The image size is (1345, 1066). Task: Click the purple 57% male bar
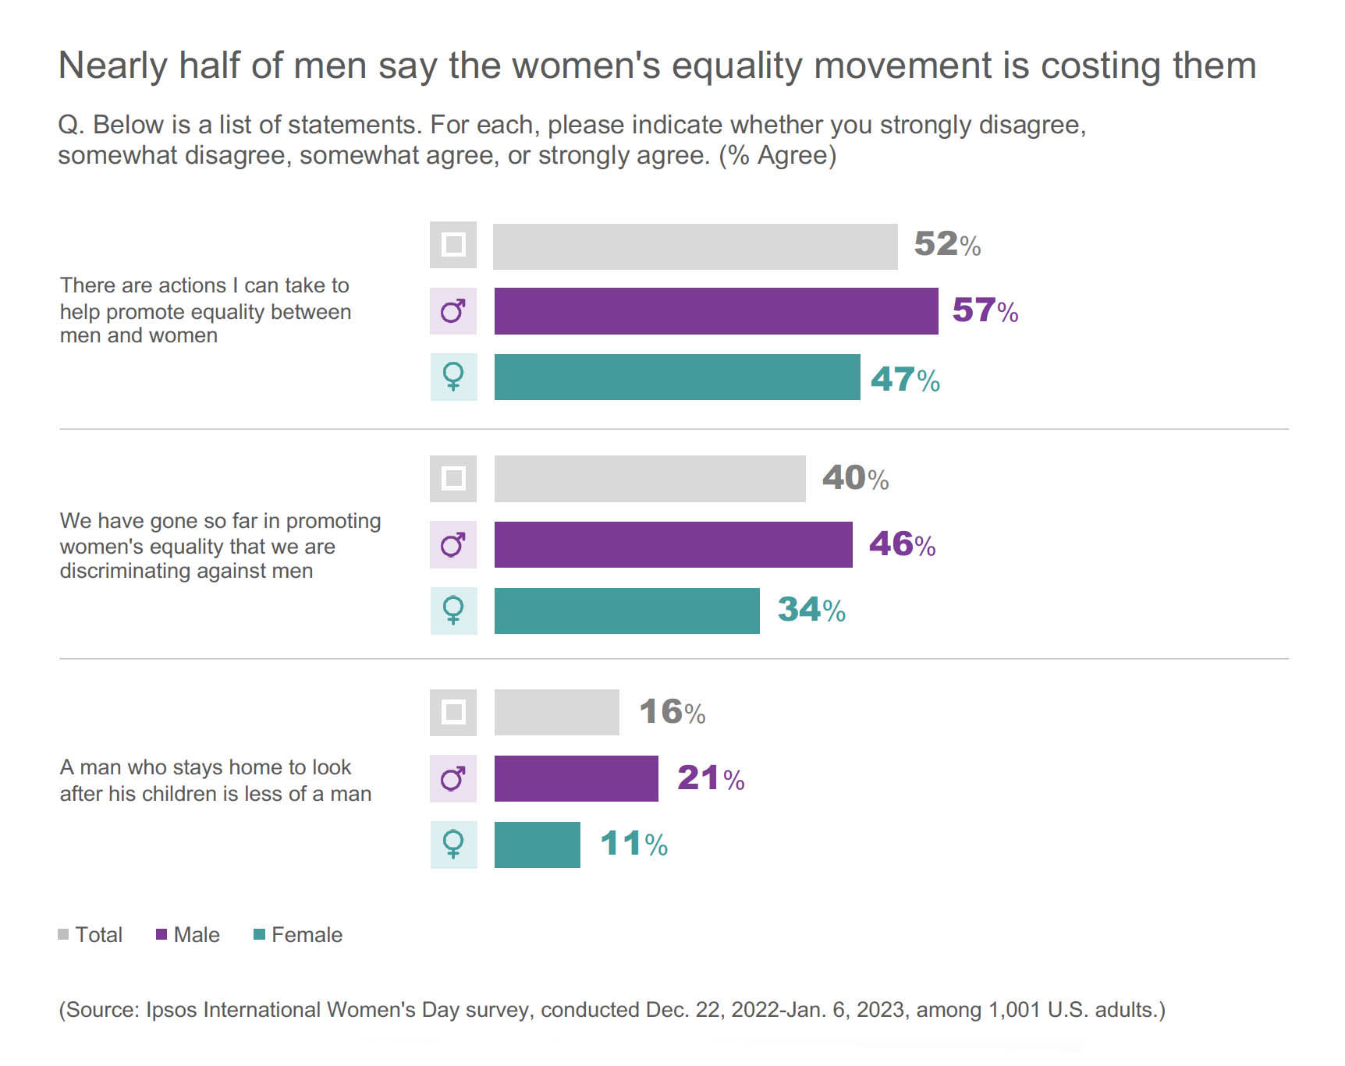715,311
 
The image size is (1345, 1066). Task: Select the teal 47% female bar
676,377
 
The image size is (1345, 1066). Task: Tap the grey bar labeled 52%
694,246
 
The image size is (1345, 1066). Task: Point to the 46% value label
902,544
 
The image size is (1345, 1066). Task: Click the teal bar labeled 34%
626,611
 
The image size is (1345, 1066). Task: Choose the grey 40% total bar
649,479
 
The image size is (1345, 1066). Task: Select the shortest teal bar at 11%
537,845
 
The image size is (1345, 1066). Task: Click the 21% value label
711,778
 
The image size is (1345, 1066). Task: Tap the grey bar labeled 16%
556,712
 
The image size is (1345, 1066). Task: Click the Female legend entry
298,935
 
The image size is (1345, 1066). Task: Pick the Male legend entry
188,935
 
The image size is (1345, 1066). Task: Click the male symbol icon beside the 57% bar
453,311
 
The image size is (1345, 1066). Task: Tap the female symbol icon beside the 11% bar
453,845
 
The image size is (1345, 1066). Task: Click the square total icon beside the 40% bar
453,479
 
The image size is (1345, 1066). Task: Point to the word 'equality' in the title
736,66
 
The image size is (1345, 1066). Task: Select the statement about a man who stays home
215,780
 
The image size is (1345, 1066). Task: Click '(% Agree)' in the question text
777,156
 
